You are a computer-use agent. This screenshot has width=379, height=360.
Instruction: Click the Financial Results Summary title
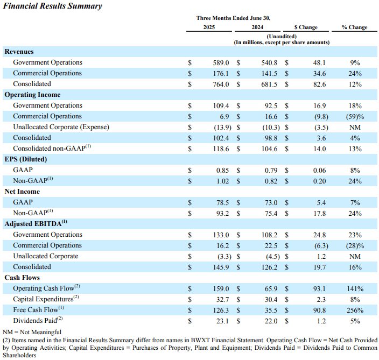click(52, 6)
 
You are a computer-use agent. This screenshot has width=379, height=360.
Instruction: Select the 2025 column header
click(209, 27)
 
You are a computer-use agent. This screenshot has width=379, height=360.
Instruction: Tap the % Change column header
click(354, 27)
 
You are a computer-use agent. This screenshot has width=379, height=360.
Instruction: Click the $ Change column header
click(306, 27)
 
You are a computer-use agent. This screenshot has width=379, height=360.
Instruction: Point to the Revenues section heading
click(19, 52)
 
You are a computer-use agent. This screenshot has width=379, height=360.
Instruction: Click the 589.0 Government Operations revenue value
click(221, 63)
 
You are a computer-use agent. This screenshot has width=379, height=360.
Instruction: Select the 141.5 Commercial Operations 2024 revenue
click(269, 73)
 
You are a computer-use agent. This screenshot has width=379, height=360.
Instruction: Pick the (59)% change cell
click(355, 117)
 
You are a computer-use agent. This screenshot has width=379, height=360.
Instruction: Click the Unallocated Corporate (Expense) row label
click(61, 127)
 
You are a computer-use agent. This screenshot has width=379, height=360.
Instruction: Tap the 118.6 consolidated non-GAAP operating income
click(221, 149)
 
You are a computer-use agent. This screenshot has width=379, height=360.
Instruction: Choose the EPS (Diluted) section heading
click(26, 159)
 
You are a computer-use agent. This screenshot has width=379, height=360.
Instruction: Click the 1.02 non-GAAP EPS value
click(222, 181)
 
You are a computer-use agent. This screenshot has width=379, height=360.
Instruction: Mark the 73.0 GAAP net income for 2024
click(271, 203)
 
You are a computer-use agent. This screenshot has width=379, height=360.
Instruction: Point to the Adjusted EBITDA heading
click(36, 223)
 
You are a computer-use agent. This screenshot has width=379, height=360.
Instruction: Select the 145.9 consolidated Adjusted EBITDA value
click(221, 267)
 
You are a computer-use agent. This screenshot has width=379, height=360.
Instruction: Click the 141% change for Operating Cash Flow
click(355, 289)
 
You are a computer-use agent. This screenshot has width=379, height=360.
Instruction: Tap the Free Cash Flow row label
click(38, 309)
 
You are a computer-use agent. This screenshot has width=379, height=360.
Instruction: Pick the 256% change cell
click(355, 310)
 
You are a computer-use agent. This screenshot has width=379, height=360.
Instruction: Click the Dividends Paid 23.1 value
click(222, 321)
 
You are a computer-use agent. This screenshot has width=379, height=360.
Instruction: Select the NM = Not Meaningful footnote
click(32, 332)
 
